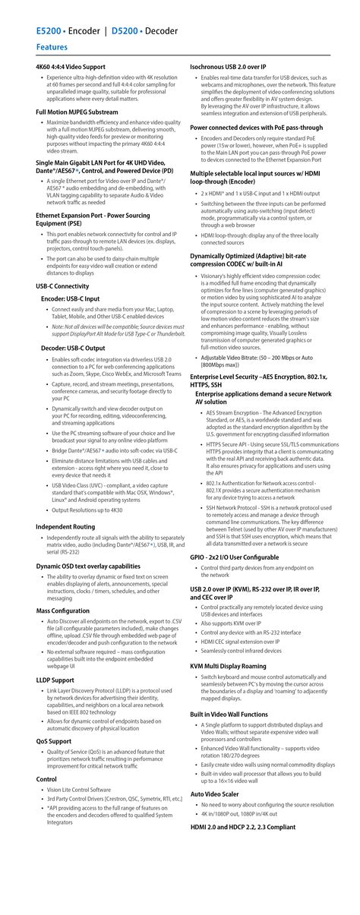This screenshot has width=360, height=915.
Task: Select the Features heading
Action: point(52,47)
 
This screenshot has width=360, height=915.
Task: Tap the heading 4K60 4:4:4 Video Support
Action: point(71,68)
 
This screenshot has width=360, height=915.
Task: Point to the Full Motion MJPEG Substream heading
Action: point(77,112)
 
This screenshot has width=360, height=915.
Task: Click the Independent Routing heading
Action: point(65,505)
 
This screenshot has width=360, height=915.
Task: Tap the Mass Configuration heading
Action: point(62,610)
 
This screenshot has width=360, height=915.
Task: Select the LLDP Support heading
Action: point(55,680)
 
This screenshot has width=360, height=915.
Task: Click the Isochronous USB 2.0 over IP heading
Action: point(238,68)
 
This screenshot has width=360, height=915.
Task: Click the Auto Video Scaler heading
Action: point(216,794)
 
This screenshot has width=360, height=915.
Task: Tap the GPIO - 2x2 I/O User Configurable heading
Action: point(234,557)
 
